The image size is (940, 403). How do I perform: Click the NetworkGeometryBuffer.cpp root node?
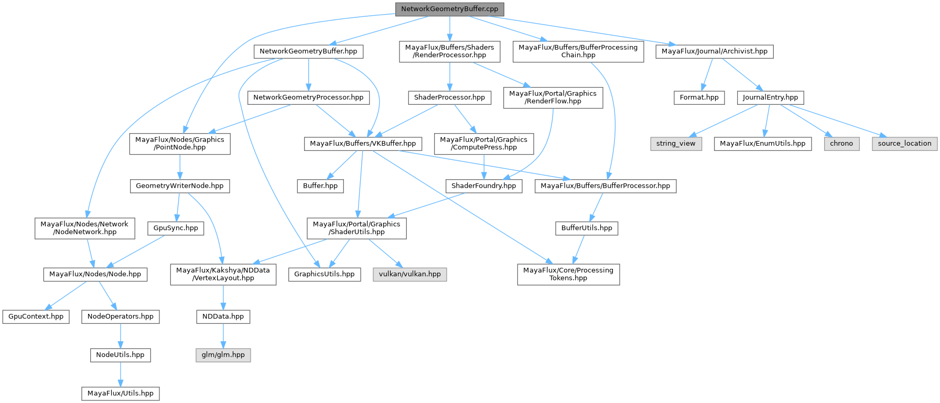pyautogui.click(x=449, y=9)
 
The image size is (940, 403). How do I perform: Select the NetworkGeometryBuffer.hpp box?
pyautogui.click(x=308, y=51)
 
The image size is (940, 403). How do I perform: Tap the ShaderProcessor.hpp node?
pyautogui.click(x=449, y=97)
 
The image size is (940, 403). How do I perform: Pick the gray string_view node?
pyautogui.click(x=676, y=144)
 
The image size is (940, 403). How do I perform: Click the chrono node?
pyautogui.click(x=841, y=144)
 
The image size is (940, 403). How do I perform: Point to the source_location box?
pyautogui.click(x=904, y=144)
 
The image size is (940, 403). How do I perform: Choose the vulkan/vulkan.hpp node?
pyautogui.click(x=409, y=274)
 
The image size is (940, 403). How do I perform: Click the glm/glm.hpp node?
pyautogui.click(x=223, y=355)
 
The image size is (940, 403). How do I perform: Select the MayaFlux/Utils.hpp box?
pyautogui.click(x=120, y=394)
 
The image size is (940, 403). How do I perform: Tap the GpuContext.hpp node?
pyautogui.click(x=36, y=317)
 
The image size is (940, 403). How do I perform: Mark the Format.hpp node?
pyautogui.click(x=699, y=97)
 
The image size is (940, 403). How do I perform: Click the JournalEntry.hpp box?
pyautogui.click(x=770, y=97)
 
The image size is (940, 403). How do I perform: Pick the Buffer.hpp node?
pyautogui.click(x=320, y=186)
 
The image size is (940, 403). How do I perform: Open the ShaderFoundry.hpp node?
pyautogui.click(x=483, y=186)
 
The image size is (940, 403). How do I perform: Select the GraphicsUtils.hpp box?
pyautogui.click(x=324, y=274)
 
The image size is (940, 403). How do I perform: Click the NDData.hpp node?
pyautogui.click(x=223, y=317)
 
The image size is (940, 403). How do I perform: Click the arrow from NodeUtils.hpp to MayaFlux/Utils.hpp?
pyautogui.click(x=120, y=374)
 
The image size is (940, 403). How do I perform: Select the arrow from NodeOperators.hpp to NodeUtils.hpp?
pyautogui.click(x=120, y=335)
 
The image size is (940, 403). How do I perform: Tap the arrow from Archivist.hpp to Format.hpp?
pyautogui.click(x=707, y=74)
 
